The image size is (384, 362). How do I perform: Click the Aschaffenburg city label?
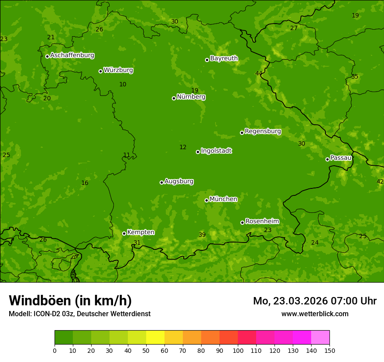[72, 55]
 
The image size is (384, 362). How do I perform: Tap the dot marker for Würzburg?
[100, 71]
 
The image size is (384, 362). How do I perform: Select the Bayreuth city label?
[224, 58]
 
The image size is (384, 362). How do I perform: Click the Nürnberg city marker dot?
[174, 98]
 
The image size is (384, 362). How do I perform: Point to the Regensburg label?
[263, 131]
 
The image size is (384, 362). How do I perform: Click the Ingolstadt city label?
[216, 151]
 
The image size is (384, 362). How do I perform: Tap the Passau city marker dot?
[327, 159]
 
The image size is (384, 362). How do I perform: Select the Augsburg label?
[179, 181]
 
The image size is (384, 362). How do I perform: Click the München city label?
[223, 199]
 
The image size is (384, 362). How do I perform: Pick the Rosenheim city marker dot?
[242, 222]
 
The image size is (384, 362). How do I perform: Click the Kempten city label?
[141, 232]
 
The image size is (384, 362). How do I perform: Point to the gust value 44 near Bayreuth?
[259, 73]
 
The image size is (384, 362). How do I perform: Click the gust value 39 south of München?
[202, 235]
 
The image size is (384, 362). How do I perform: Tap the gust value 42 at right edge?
[380, 181]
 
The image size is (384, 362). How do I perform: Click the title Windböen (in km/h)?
[70, 301]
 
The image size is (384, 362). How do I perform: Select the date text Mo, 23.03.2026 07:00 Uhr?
[314, 301]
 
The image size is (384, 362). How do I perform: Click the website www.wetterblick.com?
[315, 314]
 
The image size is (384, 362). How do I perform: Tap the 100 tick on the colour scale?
[238, 350]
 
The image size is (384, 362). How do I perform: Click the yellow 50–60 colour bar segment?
[155, 338]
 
